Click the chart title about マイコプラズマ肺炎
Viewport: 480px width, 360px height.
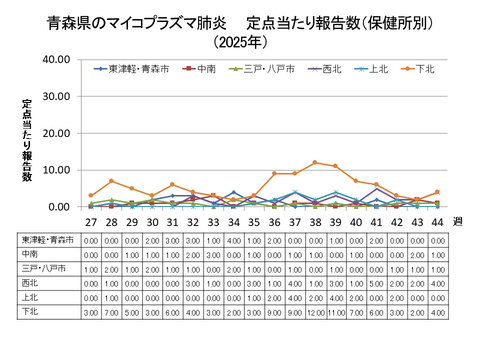click(240, 21)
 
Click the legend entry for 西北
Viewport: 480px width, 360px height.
click(324, 69)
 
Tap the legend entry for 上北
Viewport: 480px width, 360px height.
click(372, 69)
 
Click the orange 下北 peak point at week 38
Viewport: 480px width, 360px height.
click(314, 162)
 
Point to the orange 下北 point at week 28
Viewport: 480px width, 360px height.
click(111, 181)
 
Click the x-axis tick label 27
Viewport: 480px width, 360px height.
click(91, 222)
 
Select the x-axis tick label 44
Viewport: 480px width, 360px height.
click(436, 222)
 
